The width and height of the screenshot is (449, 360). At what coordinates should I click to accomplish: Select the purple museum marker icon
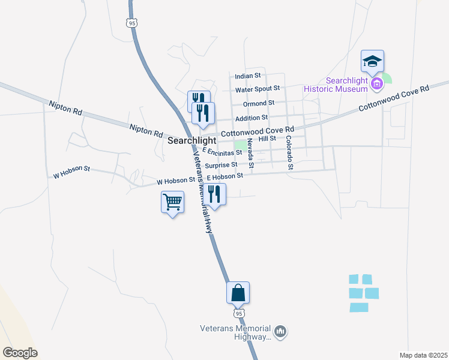(x=377, y=83)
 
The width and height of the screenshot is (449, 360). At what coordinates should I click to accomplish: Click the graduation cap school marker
(x=372, y=61)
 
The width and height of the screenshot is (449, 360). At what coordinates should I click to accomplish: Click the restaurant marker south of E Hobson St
(x=214, y=194)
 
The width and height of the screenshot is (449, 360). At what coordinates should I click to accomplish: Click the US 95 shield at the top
(x=131, y=23)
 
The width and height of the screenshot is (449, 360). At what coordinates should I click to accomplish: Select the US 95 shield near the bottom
(x=238, y=313)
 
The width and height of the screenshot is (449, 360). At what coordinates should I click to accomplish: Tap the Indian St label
(x=248, y=76)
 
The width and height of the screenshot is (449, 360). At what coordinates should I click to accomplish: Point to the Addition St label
(x=251, y=118)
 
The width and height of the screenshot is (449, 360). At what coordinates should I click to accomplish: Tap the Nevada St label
(x=251, y=155)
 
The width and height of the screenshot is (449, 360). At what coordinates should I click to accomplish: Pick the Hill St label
(x=267, y=139)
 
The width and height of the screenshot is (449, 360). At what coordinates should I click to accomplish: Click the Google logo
(x=20, y=353)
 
